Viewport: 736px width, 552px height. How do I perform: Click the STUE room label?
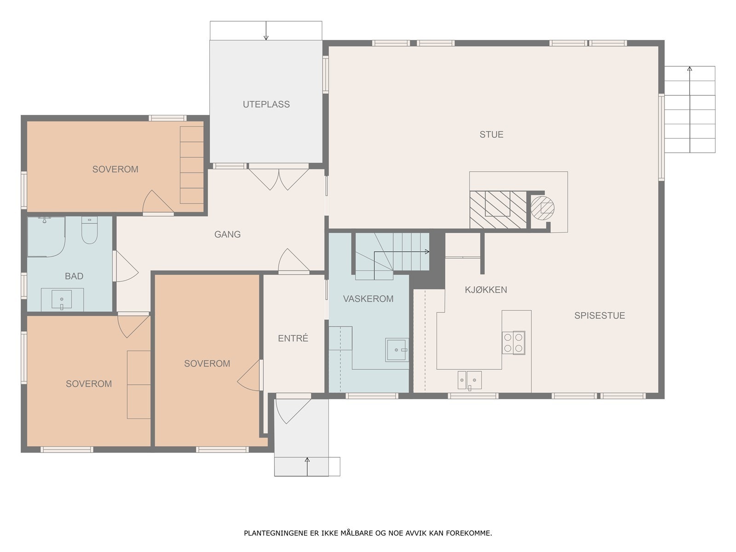(491, 134)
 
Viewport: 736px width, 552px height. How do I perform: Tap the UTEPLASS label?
(266, 104)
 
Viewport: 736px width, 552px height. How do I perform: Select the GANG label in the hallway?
(227, 234)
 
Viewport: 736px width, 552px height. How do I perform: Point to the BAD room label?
(74, 276)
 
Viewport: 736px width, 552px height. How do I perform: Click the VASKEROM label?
(368, 299)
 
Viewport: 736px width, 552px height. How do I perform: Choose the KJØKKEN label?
(486, 290)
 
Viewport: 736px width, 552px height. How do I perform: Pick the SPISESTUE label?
(599, 316)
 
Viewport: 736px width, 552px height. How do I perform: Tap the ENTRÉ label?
(293, 338)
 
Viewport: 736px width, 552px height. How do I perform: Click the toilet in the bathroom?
(90, 230)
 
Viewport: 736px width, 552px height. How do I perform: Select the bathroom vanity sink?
(62, 299)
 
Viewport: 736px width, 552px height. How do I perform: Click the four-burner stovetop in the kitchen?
(513, 343)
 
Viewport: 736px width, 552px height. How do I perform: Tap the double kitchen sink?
(470, 380)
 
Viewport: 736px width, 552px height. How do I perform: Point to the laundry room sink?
(397, 350)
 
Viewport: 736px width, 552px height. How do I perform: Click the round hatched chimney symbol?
(542, 208)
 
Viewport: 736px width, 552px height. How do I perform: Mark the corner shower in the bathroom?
(46, 236)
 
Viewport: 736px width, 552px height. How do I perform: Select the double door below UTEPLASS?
(279, 178)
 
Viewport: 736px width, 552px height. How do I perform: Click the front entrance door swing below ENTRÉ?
(293, 411)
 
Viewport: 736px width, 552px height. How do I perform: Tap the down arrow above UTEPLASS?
(266, 30)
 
